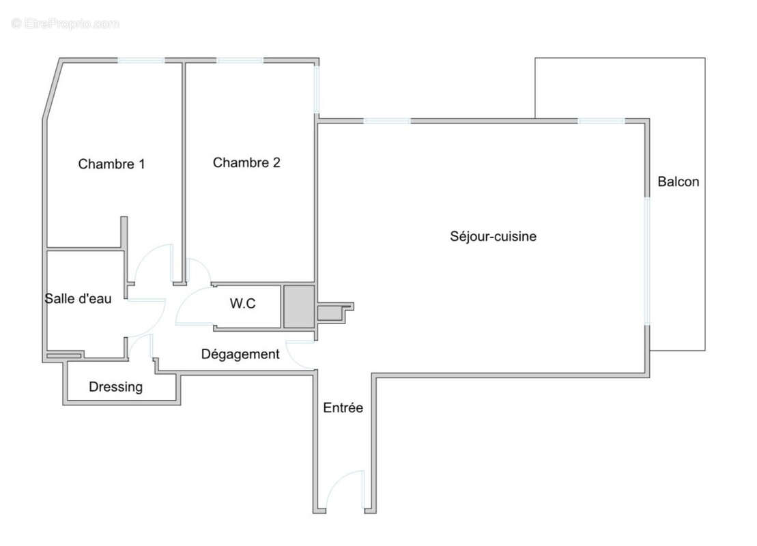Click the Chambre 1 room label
111,164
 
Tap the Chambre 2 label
246,162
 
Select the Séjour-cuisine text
493,237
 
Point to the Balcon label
678,182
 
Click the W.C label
242,304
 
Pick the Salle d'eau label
78,298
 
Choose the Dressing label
115,387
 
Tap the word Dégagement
240,354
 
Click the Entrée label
343,408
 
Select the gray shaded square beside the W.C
299,306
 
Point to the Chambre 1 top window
141,61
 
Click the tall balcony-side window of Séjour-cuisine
647,261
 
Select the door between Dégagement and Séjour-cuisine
299,354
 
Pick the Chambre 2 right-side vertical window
317,89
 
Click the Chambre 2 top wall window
240,61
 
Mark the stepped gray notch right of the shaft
334,313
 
